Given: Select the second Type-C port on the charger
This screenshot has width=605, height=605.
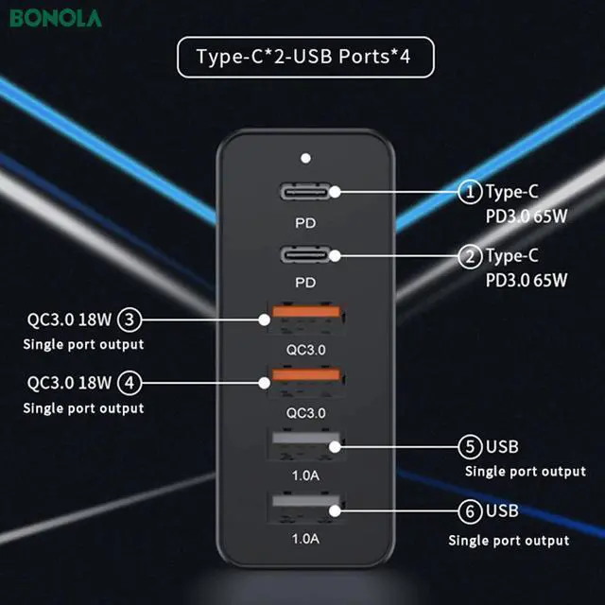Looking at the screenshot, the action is [x=304, y=255].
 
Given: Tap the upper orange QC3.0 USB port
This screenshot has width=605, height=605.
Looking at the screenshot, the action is [x=304, y=319].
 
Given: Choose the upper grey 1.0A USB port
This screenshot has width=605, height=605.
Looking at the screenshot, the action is [x=304, y=446].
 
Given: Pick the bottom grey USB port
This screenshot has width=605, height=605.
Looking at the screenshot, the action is [x=304, y=511].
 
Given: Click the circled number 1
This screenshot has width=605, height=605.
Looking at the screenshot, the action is [x=470, y=192].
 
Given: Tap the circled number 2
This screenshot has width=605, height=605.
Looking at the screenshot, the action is [x=470, y=255].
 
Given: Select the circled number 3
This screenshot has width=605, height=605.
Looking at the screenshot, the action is [x=132, y=319].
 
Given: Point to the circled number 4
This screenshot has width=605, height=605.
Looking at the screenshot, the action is [x=132, y=383].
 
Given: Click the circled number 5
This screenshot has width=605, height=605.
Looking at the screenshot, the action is [x=471, y=446].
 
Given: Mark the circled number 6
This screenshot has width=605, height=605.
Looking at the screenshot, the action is [x=471, y=511].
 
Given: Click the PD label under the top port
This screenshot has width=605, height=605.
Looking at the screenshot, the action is [x=304, y=225].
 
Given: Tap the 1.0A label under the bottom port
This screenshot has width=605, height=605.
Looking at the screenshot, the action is [x=304, y=540].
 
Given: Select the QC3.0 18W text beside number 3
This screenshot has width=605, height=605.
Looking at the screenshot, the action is [x=70, y=319].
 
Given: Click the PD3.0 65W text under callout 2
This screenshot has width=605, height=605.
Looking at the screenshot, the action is [x=527, y=279].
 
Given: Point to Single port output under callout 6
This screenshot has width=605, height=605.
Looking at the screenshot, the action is [x=509, y=540].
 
